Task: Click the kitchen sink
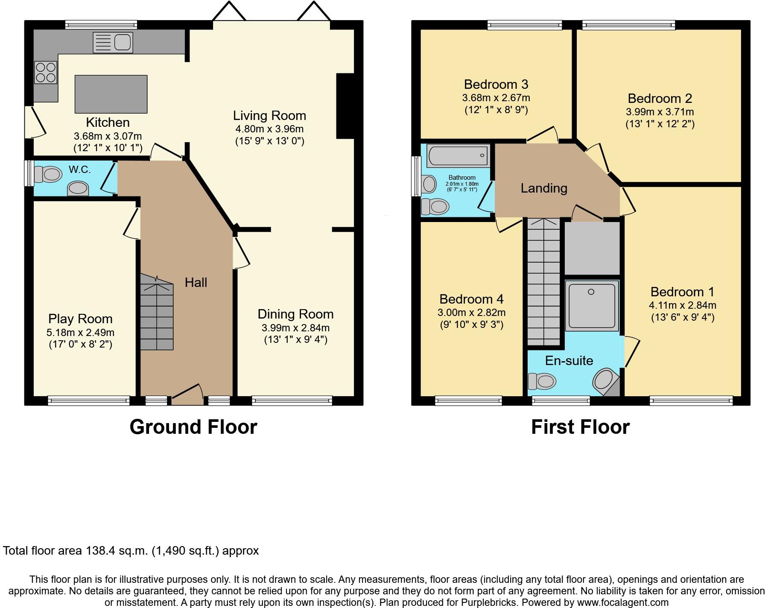113,43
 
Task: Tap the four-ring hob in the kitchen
46,72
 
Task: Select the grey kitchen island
111,94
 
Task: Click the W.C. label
80,170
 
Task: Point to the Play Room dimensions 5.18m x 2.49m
80,332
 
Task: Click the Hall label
196,282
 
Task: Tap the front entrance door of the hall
187,395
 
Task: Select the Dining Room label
295,314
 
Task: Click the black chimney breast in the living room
345,106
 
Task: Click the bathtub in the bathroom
458,155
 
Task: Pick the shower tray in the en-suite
592,306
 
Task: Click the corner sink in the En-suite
604,380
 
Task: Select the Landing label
544,188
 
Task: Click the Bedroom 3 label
496,84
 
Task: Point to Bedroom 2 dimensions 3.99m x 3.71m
660,112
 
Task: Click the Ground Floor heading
193,427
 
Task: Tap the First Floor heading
580,427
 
